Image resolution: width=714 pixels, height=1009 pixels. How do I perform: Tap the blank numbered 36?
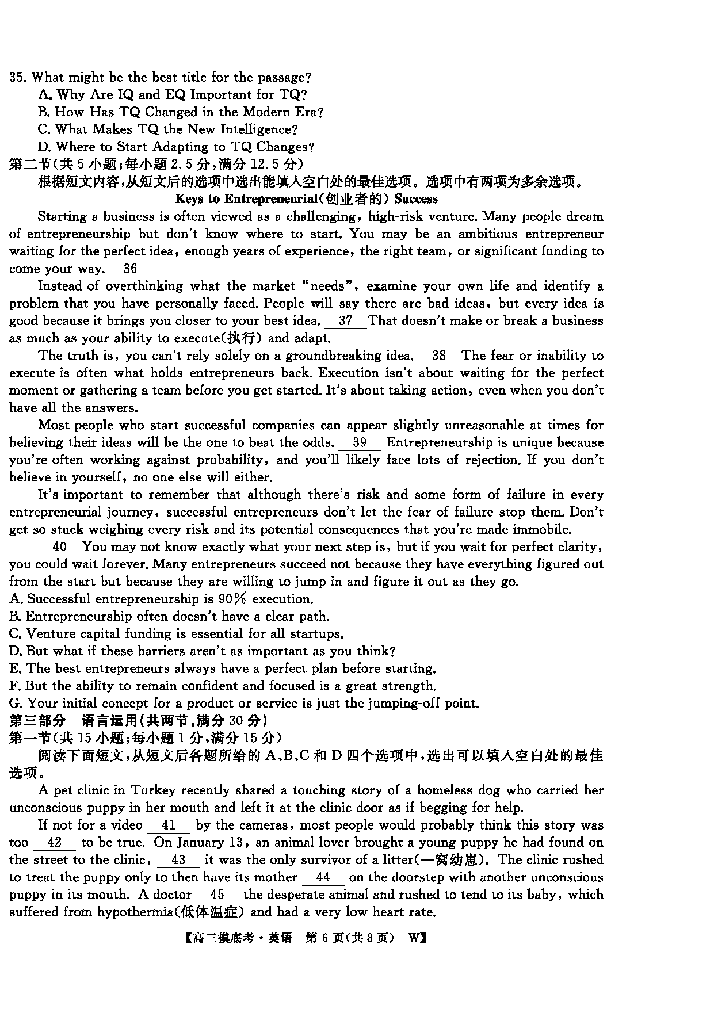(130, 269)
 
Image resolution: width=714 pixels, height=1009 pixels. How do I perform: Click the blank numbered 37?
(345, 321)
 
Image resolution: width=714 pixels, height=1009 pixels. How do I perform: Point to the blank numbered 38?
(438, 356)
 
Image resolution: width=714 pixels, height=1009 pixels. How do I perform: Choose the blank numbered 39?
(360, 443)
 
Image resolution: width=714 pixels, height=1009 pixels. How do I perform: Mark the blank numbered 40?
(59, 547)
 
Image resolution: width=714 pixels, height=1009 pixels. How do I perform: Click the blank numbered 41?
(169, 825)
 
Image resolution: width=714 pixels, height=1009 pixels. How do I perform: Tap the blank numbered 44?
(323, 878)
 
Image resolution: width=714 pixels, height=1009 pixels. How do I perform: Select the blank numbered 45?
(217, 895)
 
